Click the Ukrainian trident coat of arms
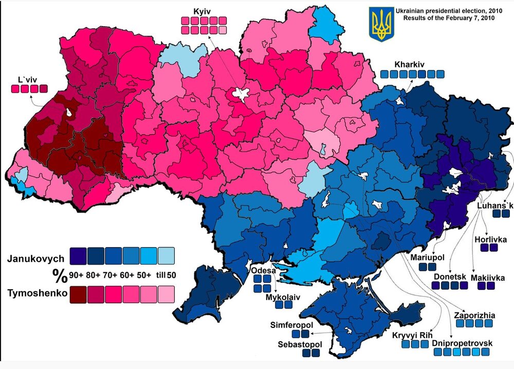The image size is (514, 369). (x=381, y=24)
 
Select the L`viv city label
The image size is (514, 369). (x=25, y=80)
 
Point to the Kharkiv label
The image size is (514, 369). (x=409, y=65)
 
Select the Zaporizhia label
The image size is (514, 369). (x=473, y=315)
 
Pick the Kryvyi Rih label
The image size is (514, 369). (x=412, y=335)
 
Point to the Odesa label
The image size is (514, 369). (x=263, y=271)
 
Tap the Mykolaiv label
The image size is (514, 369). (x=282, y=297)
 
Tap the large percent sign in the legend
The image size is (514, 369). (x=59, y=275)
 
